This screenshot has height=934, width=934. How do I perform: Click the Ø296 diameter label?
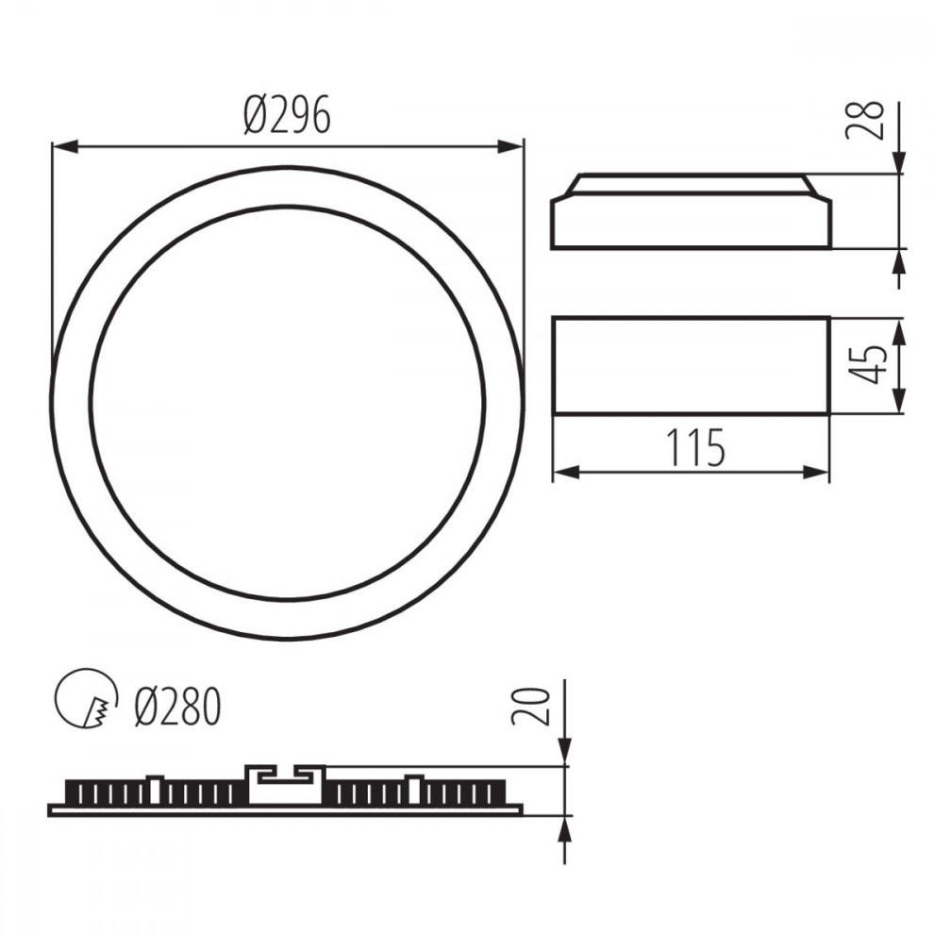pos(287,115)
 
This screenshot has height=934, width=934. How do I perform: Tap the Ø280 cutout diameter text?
pos(178,707)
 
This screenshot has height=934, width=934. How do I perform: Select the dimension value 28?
pos(865,121)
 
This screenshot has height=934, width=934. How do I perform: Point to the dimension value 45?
pos(867,364)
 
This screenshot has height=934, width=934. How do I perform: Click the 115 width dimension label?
pos(695,448)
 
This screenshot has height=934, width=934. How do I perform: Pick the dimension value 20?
pos(530,707)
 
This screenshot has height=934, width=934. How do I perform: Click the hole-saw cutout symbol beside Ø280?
pos(87,697)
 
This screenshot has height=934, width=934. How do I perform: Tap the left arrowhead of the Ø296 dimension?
pos(65,146)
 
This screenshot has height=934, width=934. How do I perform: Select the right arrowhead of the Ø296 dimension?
pos(510,146)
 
